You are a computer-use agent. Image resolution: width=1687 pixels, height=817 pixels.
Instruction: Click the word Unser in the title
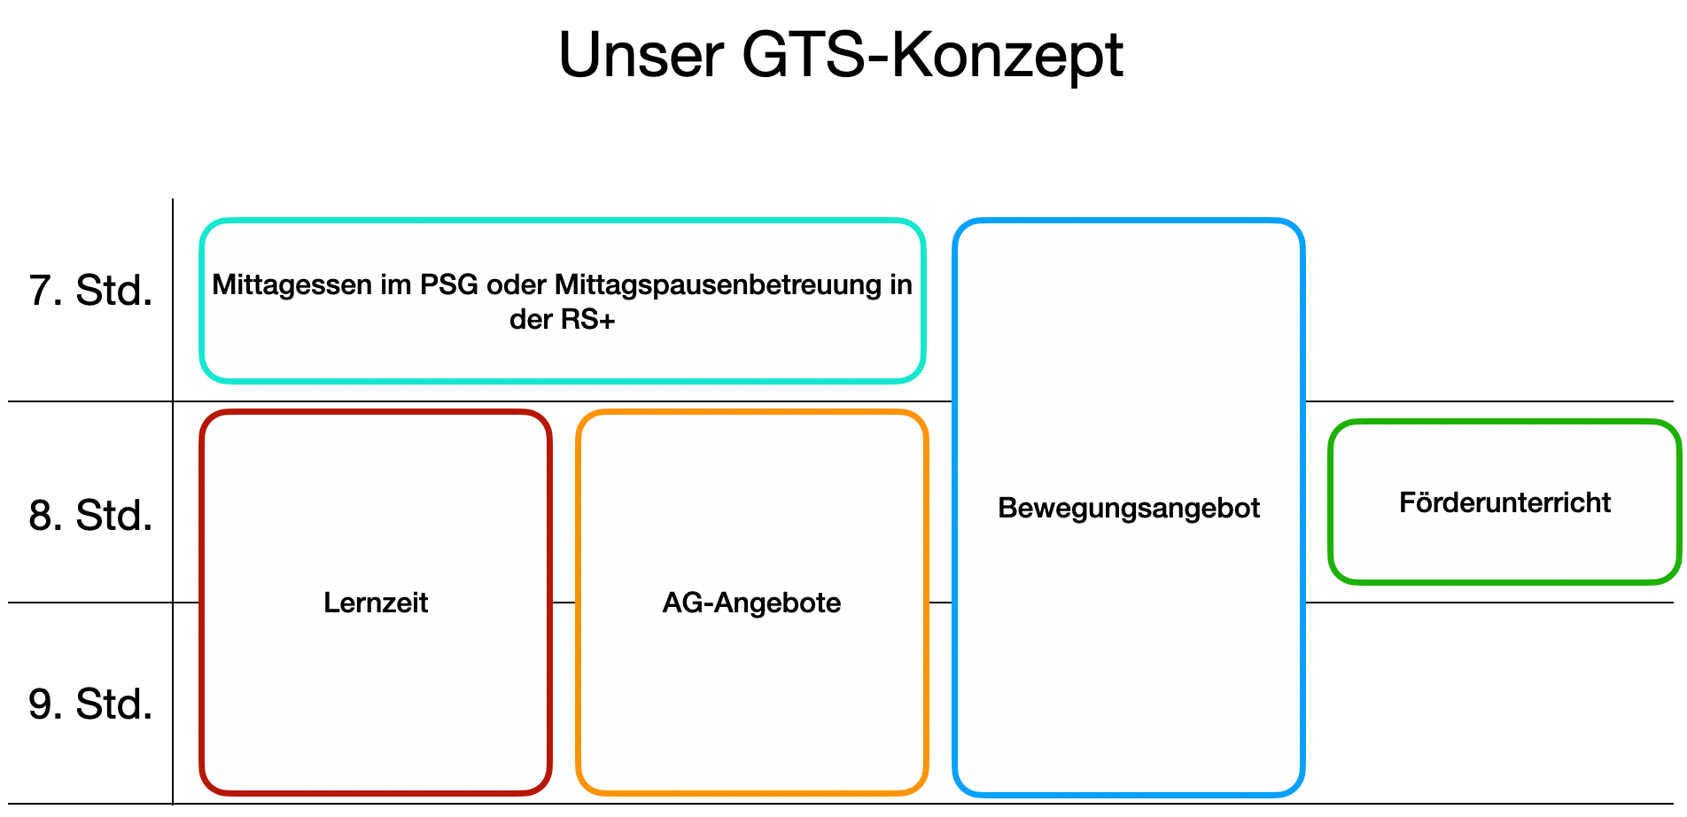coord(641,56)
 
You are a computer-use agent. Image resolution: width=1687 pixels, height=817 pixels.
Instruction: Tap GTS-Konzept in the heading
coord(932,56)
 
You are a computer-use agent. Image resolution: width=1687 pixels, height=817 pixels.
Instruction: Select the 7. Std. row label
coord(90,291)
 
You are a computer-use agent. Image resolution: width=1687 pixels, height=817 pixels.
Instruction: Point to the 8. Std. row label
coord(90,516)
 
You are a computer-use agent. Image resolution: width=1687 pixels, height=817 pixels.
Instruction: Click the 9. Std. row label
coord(90,704)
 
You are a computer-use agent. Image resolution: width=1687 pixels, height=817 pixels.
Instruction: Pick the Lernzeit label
coord(376,603)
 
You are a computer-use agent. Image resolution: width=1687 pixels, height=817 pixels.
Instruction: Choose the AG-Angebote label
coord(751,603)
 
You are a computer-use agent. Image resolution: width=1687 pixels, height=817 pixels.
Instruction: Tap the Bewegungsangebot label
coord(1129,508)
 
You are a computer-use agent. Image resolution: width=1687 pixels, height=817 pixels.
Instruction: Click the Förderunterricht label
coord(1504,502)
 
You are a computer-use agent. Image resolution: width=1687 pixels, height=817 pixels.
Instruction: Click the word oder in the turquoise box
coord(516,285)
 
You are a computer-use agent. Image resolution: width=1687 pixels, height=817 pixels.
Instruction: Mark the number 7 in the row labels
coord(41,291)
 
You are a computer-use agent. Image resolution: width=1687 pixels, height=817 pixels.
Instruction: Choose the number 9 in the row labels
coord(41,704)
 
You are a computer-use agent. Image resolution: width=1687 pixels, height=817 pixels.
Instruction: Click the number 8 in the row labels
coord(41,516)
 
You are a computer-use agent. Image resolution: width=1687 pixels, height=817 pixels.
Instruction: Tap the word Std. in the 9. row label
coord(114,704)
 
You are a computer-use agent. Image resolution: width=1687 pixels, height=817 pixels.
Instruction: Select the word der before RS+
coord(530,319)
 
